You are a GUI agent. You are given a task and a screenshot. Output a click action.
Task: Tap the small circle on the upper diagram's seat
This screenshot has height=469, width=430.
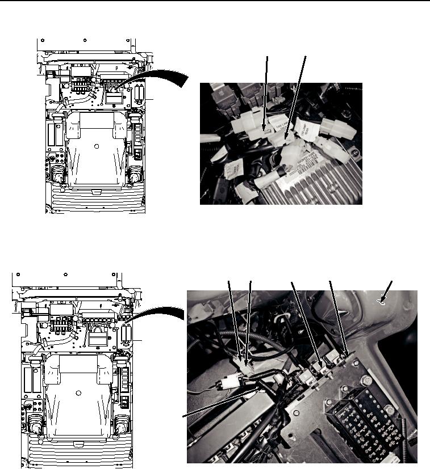96,146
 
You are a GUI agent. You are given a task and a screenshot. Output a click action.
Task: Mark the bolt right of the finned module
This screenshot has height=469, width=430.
354,152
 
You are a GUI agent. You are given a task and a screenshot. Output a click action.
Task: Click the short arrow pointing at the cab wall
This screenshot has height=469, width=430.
384,299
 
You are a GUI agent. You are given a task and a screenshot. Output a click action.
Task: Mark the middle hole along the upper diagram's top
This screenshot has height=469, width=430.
85,41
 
